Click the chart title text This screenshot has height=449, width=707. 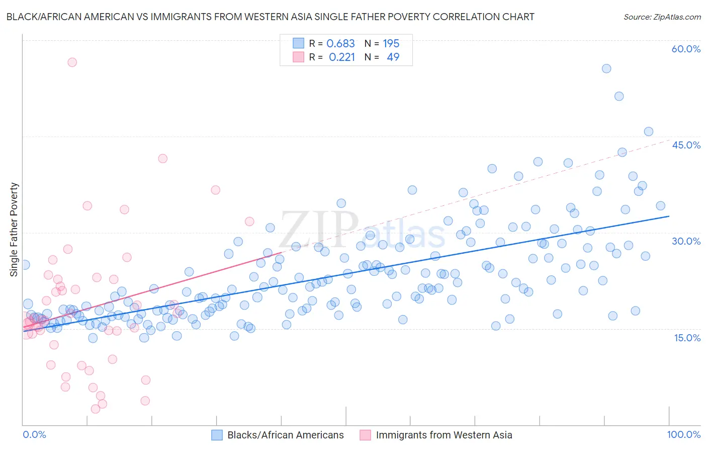point(270,17)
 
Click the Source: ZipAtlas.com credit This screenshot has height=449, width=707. point(662,17)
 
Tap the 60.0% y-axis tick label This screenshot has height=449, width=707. point(686,49)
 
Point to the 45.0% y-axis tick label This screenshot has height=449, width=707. point(686,145)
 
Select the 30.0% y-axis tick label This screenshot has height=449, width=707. point(686,241)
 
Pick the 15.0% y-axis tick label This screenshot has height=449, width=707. point(687,338)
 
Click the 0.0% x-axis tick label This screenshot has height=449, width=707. point(35,434)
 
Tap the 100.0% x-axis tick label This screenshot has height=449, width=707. point(683,434)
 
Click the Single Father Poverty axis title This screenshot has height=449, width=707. point(14,229)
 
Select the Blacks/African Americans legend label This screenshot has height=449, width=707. point(285,435)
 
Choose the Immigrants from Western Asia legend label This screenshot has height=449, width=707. point(444,435)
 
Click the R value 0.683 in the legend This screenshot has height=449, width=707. point(340,44)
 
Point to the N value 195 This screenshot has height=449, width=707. point(391,44)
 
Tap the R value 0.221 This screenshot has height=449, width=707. point(341,57)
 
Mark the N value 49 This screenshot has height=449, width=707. point(393,57)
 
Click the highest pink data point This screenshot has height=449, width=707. point(72,62)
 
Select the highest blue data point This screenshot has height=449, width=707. point(606,68)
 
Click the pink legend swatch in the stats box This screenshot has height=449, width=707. point(298,57)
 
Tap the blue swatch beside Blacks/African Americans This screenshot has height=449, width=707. point(217,435)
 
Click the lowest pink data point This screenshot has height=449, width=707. point(96,409)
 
